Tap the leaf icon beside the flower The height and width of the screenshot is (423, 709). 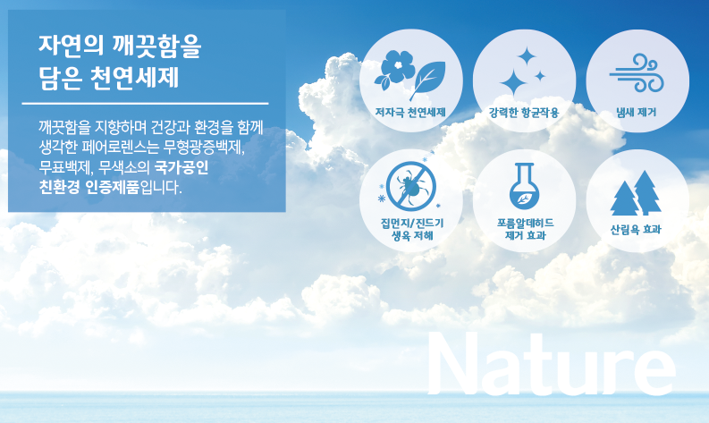pos(427,80)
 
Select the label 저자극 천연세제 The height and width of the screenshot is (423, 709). pos(410,112)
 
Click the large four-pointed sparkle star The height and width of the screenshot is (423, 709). pos(513,82)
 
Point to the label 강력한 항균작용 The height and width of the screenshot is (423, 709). pos(524,112)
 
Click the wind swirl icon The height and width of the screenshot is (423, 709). pos(637,72)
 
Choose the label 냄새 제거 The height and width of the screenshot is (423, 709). pos(637,112)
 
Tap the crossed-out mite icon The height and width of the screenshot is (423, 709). pos(411,186)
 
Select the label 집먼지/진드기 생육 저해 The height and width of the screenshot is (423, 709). pos(411,229)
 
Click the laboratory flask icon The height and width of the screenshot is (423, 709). pos(525,186)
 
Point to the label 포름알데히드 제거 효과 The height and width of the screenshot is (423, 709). pos(525,229)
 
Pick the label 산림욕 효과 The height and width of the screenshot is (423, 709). pos(636,229)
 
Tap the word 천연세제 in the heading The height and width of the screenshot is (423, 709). pos(134,78)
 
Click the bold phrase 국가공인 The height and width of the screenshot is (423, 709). pos(181,167)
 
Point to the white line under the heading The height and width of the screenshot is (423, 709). pos(145,104)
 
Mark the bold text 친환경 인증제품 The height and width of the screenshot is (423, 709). pos(89,187)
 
